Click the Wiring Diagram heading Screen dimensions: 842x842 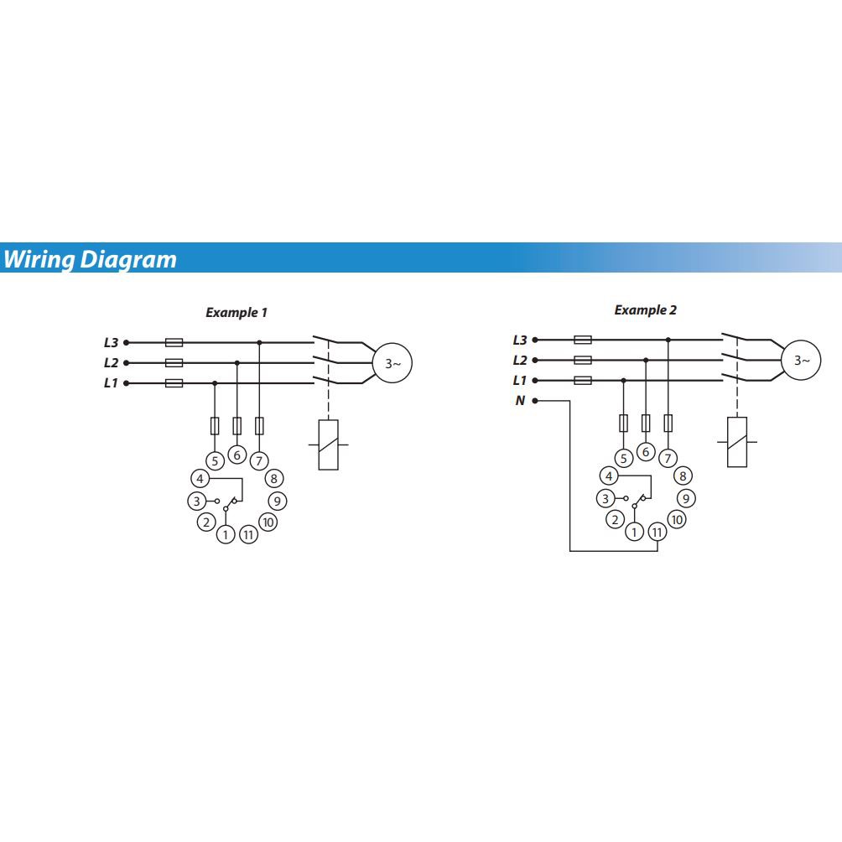90,259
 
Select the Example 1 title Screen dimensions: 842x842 236,313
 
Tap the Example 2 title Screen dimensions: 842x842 645,310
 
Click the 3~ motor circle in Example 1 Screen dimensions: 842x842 392,363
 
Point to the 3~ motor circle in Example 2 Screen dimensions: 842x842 801,361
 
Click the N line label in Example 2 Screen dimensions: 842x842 520,401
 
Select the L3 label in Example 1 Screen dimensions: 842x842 112,342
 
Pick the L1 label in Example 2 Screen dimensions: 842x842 520,381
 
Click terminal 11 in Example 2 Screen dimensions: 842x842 657,532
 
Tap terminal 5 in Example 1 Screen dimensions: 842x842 215,460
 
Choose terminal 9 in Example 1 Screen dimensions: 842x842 277,501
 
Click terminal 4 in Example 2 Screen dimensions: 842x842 610,476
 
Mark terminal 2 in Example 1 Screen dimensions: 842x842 206,522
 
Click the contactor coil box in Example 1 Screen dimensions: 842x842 329,444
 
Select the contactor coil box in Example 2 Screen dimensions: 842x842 737,442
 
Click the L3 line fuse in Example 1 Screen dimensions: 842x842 174,342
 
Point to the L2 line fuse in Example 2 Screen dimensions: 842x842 583,360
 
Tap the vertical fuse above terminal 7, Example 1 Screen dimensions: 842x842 259,425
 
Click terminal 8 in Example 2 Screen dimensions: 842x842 683,476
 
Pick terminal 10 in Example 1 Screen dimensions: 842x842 268,522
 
